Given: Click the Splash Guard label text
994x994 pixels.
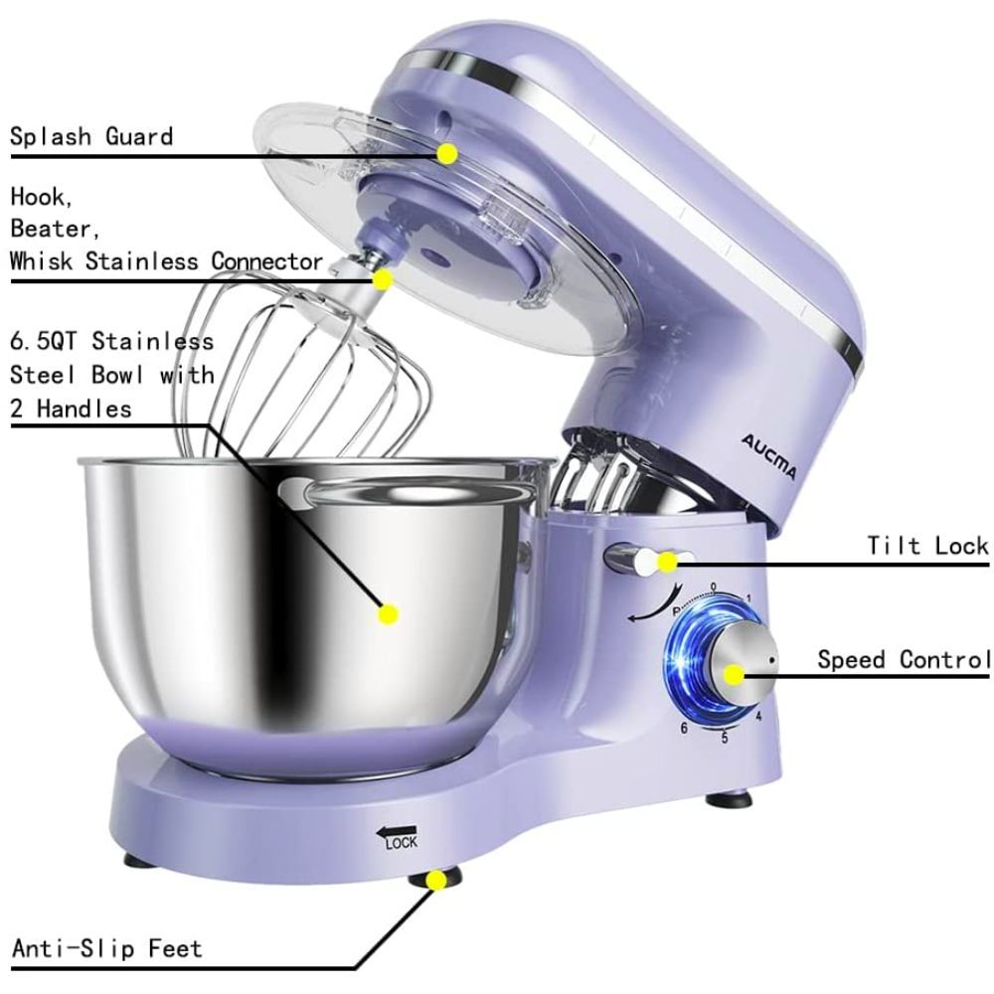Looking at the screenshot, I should click(x=91, y=136).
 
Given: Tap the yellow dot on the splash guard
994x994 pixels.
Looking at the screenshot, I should click(x=447, y=154).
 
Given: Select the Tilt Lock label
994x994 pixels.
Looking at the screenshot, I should click(x=927, y=545).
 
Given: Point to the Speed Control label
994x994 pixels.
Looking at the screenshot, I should click(x=904, y=659).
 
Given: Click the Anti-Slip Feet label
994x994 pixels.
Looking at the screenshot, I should click(x=106, y=947).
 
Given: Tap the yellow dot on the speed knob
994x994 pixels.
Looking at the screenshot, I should click(x=735, y=675).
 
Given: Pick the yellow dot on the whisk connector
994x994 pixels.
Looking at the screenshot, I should click(x=383, y=279).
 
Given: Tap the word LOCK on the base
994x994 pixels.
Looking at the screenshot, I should click(x=402, y=844).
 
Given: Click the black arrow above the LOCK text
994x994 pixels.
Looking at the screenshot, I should click(x=395, y=828).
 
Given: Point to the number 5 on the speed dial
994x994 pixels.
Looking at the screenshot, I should click(x=725, y=737).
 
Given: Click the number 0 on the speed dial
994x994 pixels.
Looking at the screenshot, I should click(x=713, y=586).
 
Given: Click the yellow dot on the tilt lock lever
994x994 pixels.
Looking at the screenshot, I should click(x=668, y=562).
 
